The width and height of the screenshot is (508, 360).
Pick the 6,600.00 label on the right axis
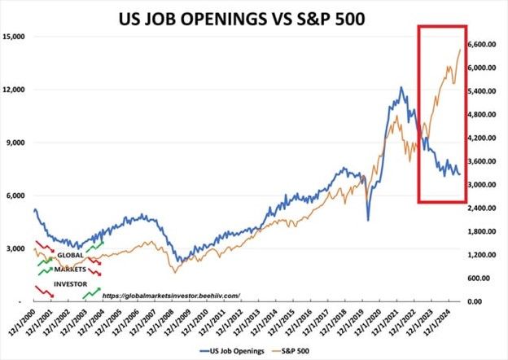pyautogui.click(x=482, y=45)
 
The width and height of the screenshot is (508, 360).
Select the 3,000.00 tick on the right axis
pyautogui.click(x=482, y=185)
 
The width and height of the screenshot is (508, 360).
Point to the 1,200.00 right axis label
pyautogui.click(x=482, y=255)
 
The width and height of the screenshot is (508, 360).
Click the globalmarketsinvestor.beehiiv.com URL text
pyautogui.click(x=173, y=296)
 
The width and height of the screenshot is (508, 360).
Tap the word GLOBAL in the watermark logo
pyautogui.click(x=71, y=255)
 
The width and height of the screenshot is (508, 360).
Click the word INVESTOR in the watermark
pyautogui.click(x=69, y=283)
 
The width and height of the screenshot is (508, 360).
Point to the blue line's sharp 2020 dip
pyautogui.click(x=368, y=218)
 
